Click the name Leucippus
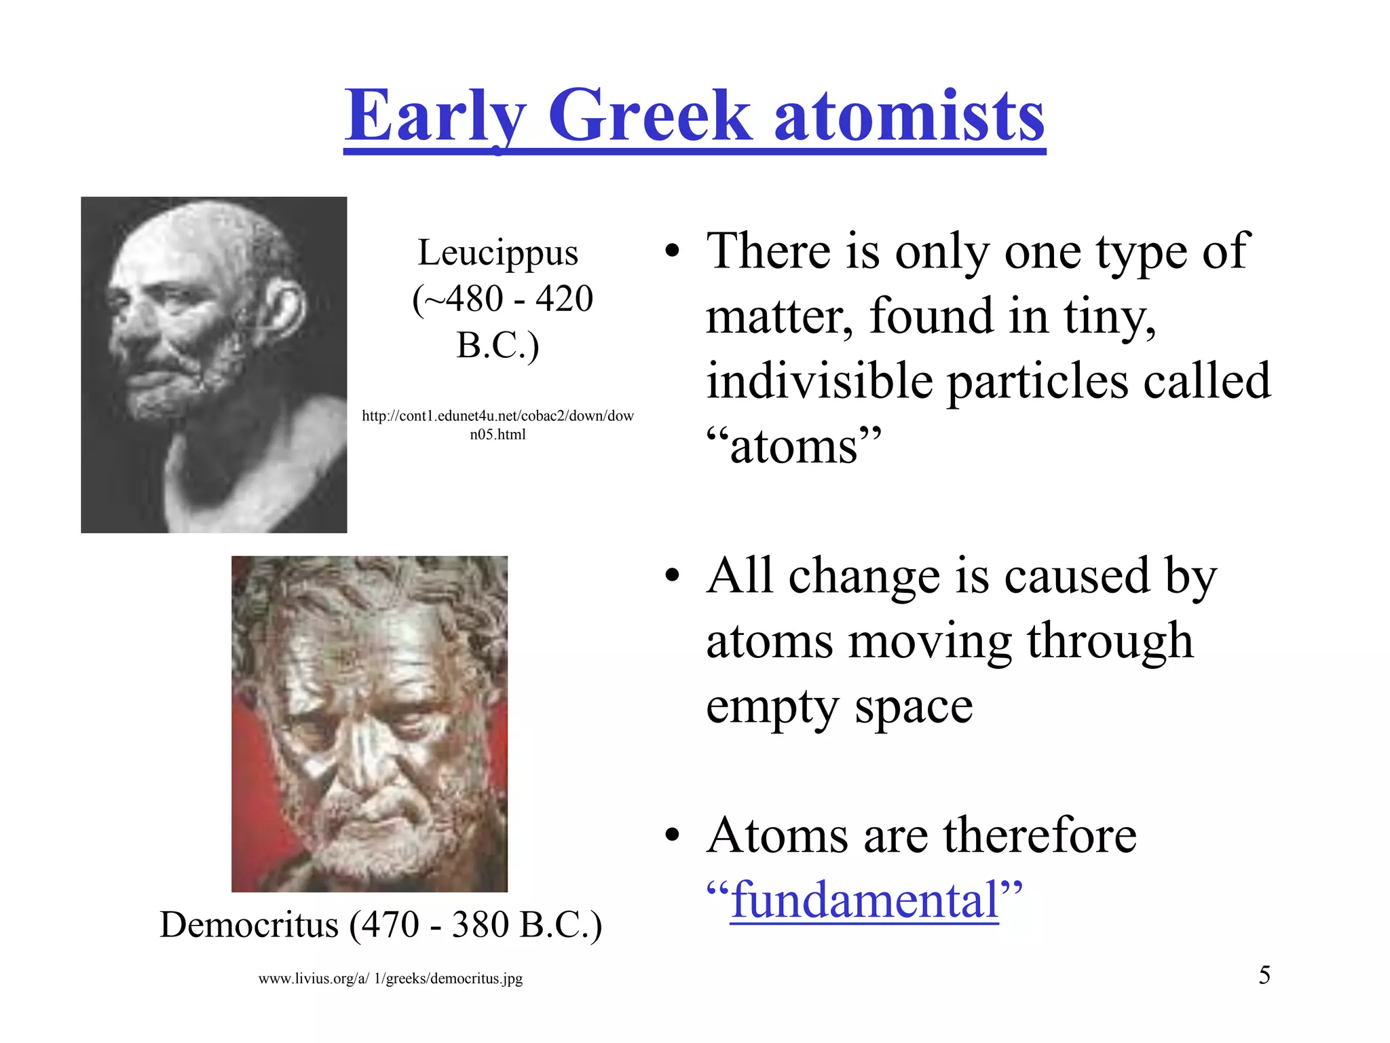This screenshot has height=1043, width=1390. (x=497, y=253)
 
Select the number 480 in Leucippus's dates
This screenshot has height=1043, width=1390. (x=474, y=299)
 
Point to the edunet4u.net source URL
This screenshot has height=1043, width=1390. (x=497, y=424)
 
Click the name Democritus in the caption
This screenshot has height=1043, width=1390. (x=248, y=925)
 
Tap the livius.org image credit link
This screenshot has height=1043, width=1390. (x=390, y=978)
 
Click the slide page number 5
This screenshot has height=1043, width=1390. (x=1264, y=975)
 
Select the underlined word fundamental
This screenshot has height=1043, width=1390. (x=864, y=900)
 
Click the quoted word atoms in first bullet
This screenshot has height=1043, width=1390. (x=793, y=447)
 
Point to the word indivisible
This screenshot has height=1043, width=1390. (x=819, y=382)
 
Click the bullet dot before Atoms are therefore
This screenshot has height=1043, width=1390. (x=672, y=836)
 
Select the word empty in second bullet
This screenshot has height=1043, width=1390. (x=772, y=708)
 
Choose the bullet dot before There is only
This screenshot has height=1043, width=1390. (x=672, y=252)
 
